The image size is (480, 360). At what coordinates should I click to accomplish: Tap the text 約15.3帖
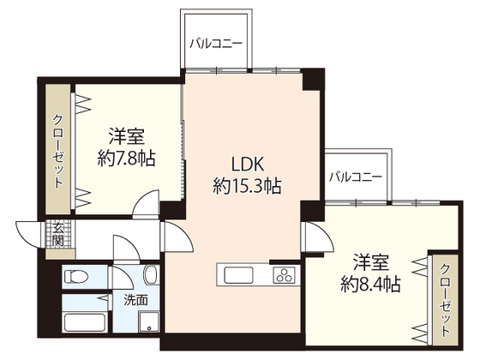click(x=248, y=185)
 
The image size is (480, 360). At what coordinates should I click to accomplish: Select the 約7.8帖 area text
click(x=126, y=158)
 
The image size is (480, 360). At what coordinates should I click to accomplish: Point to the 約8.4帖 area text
click(x=371, y=283)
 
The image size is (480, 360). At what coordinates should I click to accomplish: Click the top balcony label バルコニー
click(x=216, y=42)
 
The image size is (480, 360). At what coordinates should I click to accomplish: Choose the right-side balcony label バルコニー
click(x=355, y=177)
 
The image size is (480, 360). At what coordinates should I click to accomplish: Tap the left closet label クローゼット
click(x=58, y=151)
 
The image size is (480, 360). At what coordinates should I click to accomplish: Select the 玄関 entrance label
click(x=58, y=232)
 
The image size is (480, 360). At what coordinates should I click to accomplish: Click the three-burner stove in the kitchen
click(x=284, y=275)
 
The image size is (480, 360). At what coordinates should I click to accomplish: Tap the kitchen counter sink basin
click(x=236, y=276)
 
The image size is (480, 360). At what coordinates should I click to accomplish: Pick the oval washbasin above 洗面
click(x=150, y=275)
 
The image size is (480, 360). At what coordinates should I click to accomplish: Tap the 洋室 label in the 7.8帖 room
click(x=126, y=135)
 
